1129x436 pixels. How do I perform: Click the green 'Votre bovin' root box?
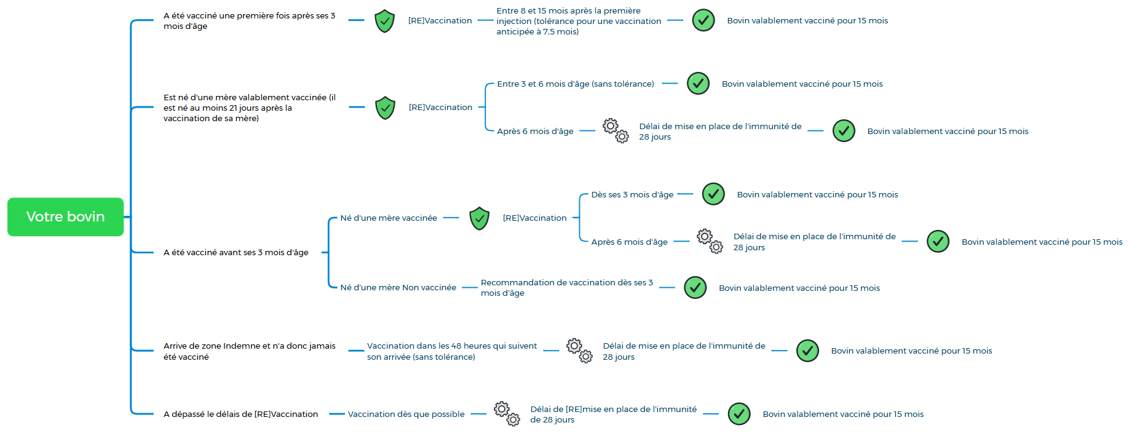(x=65, y=216)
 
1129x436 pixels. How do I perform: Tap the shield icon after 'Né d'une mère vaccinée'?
(x=479, y=218)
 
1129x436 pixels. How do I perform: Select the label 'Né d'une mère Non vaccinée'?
(x=398, y=287)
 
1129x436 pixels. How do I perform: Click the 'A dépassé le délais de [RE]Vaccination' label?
(x=240, y=414)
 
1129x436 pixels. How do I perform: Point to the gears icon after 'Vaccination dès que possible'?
(x=507, y=414)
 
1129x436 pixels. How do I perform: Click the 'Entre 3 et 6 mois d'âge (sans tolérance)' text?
(x=576, y=84)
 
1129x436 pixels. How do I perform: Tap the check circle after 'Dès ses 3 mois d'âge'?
(x=713, y=194)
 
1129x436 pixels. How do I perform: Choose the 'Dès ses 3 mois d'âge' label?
(x=632, y=194)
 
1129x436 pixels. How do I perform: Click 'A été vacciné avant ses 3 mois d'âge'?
(x=236, y=252)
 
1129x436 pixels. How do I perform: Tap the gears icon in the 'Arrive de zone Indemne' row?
(x=579, y=351)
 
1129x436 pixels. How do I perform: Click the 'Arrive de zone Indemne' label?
(x=250, y=351)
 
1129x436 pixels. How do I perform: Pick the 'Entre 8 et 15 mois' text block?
(x=579, y=21)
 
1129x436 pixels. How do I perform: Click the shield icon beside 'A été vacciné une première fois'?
(x=385, y=21)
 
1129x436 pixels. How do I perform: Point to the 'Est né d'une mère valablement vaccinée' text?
(x=250, y=108)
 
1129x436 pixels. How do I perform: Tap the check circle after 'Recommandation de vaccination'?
(x=695, y=287)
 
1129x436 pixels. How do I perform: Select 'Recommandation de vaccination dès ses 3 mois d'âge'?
(x=567, y=288)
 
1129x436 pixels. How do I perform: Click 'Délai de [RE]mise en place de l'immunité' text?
(x=614, y=414)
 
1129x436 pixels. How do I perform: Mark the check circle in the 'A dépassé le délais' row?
(x=739, y=414)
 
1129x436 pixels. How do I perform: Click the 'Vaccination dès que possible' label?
(x=406, y=414)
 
